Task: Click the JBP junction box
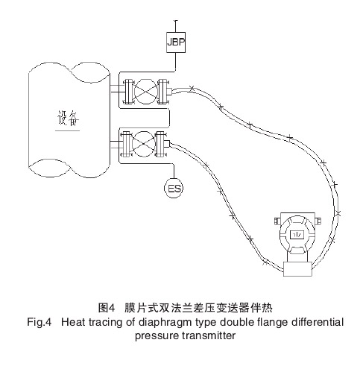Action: pyautogui.click(x=174, y=42)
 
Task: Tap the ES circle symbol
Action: pyautogui.click(x=174, y=189)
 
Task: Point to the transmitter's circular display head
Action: pyautogui.click(x=297, y=234)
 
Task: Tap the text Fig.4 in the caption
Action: pyautogui.click(x=34, y=322)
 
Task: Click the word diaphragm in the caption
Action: pyautogui.click(x=154, y=322)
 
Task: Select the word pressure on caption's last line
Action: pyautogui.click(x=155, y=335)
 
